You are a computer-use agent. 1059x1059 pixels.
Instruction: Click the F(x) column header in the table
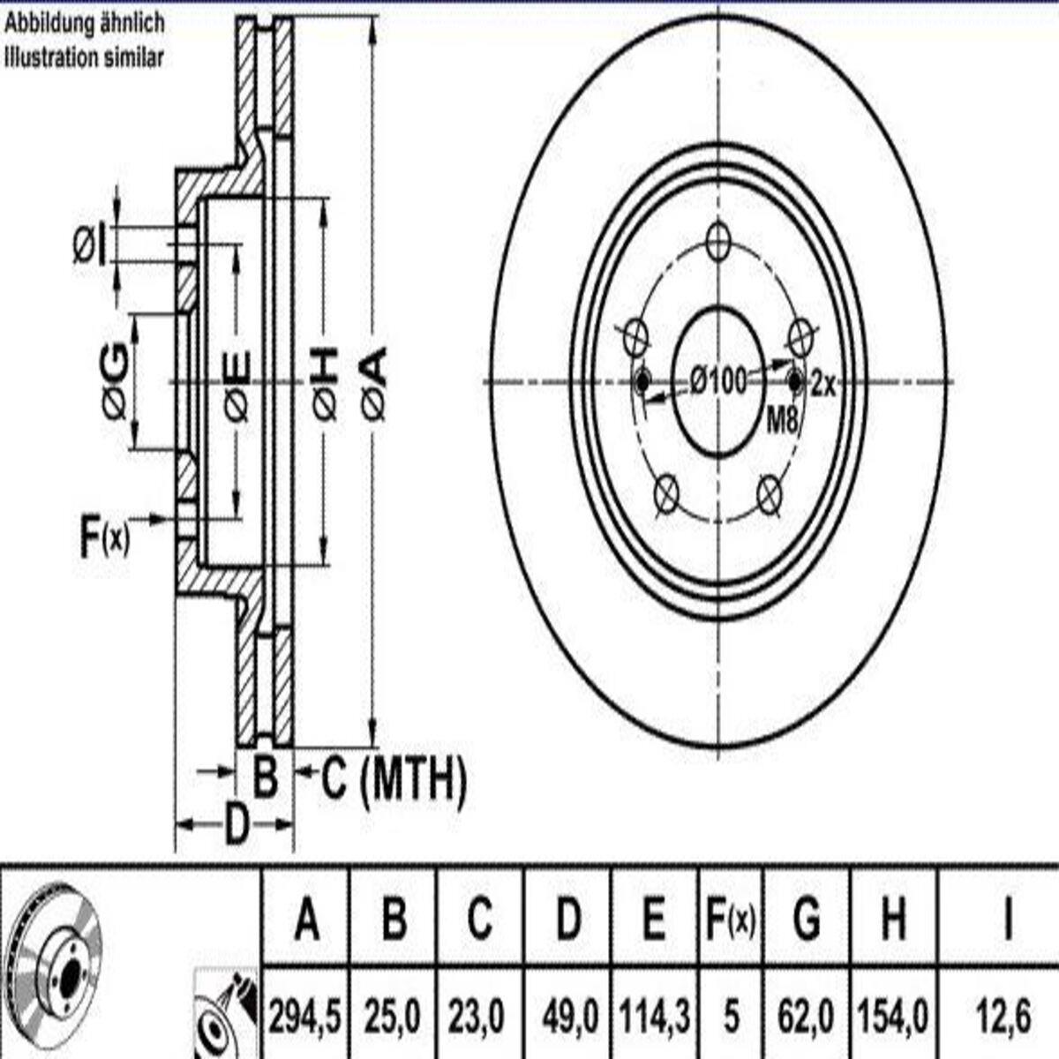pos(731,917)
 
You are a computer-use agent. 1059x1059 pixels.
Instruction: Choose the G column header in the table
pos(807,917)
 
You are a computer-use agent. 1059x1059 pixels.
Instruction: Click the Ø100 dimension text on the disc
pos(717,380)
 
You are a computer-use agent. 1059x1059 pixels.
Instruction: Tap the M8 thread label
pos(782,421)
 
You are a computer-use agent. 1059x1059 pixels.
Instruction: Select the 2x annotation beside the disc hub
pos(822,385)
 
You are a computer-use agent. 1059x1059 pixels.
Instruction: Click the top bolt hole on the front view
pos(718,241)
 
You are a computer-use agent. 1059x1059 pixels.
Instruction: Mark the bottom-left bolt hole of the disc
pos(666,493)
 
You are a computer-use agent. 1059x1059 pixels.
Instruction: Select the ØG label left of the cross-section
pos(115,383)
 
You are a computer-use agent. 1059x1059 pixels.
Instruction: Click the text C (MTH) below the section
pos(394,778)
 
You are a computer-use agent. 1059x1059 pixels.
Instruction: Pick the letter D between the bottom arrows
pos(237,823)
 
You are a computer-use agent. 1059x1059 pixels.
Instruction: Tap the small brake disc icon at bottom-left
pos(53,965)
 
